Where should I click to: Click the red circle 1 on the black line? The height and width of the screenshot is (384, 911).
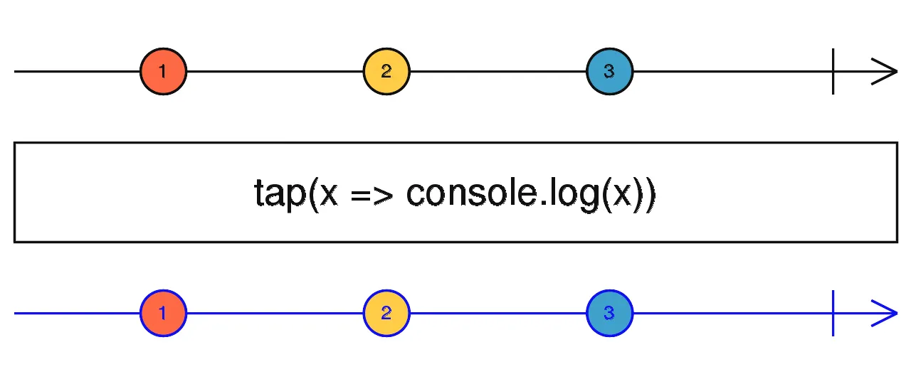click(x=163, y=71)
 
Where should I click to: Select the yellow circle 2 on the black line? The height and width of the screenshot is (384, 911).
click(x=386, y=71)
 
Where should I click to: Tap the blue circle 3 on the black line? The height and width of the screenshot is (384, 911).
click(x=609, y=71)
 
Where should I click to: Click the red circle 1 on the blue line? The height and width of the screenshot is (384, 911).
click(x=163, y=313)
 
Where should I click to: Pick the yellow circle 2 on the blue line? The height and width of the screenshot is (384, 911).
click(x=386, y=313)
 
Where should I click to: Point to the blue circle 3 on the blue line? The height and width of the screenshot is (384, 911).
click(x=609, y=313)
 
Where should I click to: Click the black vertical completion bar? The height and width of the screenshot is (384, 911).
click(x=833, y=71)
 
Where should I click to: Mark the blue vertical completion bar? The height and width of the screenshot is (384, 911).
click(x=833, y=313)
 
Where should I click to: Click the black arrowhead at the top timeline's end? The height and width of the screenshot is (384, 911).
click(x=887, y=71)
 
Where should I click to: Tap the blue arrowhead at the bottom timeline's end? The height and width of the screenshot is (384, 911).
click(x=887, y=313)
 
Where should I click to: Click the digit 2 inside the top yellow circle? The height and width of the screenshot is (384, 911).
click(x=386, y=71)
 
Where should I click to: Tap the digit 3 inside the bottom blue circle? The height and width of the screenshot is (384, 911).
click(x=609, y=313)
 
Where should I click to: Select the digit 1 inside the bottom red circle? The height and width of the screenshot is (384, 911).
click(x=163, y=313)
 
